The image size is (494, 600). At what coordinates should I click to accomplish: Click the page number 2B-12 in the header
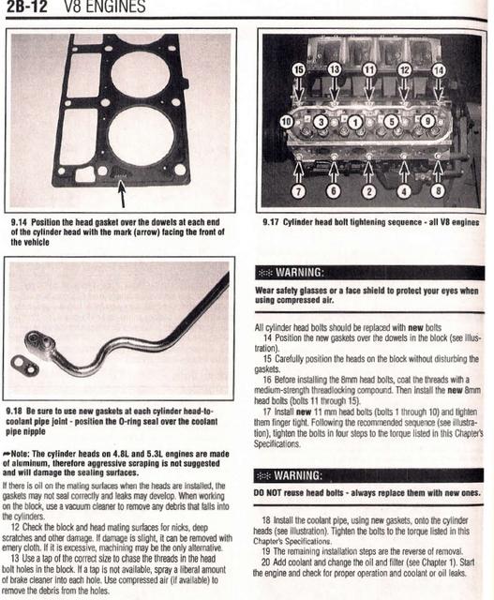pos(26,7)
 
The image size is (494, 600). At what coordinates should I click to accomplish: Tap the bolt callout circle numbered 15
pos(299,69)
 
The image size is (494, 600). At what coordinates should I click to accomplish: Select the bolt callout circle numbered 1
pos(355,123)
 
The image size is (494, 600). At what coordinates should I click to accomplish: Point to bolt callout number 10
pos(287,122)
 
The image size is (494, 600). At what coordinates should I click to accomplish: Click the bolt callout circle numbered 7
pos(298,190)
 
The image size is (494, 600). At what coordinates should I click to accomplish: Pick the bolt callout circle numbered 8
pos(438,190)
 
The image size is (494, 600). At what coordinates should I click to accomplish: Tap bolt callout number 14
pos(439,70)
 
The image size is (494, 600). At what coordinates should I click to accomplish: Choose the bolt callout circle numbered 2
pos(369,191)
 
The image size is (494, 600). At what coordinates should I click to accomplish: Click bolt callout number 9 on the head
pos(427,121)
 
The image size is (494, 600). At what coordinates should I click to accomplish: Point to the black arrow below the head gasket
pos(122,194)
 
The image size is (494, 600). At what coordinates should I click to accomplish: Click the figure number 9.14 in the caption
pos(19,222)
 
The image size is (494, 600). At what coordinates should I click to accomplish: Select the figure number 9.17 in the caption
pos(271,222)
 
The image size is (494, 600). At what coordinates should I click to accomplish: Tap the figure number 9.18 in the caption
pos(14,412)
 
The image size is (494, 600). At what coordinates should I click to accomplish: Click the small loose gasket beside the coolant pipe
pos(25,365)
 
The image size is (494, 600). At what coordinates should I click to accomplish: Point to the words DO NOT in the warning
pos(267,493)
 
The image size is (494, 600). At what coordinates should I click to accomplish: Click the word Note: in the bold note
pos(21,454)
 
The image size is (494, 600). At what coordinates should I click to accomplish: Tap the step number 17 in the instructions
pos(267,412)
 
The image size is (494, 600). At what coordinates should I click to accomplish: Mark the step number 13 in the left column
pos(15,559)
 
